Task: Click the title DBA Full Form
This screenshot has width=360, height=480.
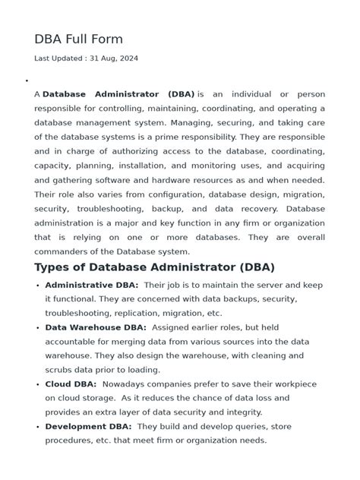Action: click(x=78, y=39)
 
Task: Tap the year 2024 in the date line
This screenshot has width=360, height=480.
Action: click(x=128, y=58)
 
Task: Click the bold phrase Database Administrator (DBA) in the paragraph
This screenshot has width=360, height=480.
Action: click(x=118, y=94)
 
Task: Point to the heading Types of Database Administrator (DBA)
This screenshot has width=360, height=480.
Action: click(x=154, y=267)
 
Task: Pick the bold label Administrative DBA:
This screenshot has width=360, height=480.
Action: click(x=91, y=285)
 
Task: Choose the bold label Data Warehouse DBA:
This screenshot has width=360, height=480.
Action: click(x=96, y=327)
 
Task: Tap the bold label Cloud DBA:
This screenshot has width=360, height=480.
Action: click(x=70, y=384)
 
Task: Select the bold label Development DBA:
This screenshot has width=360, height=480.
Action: click(x=88, y=427)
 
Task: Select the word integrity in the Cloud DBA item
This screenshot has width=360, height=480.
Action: click(x=242, y=412)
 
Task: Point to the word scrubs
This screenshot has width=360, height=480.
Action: click(x=59, y=370)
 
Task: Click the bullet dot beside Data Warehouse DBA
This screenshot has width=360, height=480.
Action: click(x=38, y=328)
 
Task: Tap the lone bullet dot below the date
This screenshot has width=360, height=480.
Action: click(x=27, y=81)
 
